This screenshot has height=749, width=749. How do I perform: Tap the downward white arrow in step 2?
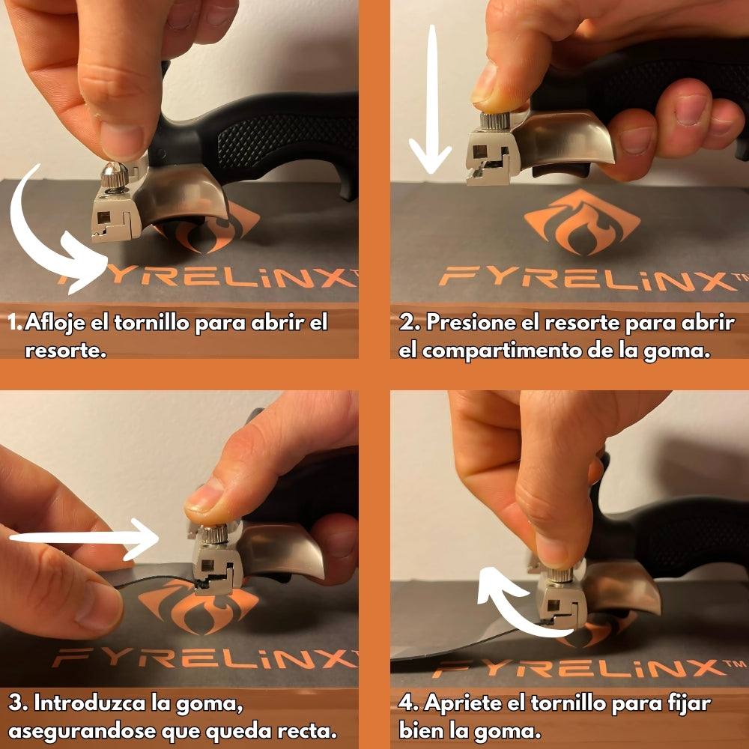pyautogui.click(x=431, y=97)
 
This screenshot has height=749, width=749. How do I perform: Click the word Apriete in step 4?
pyautogui.click(x=468, y=704)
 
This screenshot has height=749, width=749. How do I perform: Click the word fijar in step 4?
pyautogui.click(x=685, y=704)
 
